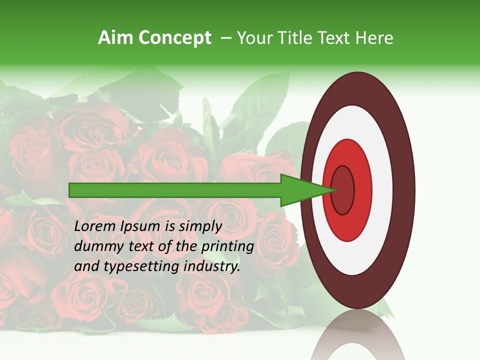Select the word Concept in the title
174,38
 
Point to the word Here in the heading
374,38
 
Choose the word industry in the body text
212,266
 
